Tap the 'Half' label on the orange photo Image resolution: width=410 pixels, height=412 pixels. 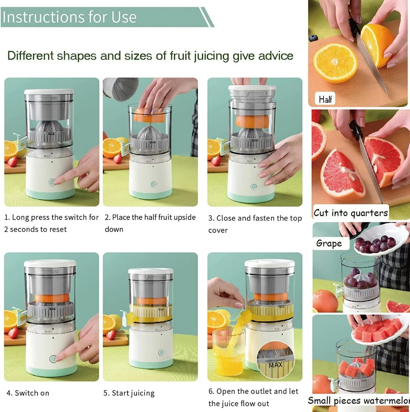(x=325, y=99)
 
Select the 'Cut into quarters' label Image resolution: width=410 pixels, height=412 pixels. (x=351, y=213)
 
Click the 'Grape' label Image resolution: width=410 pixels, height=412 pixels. (x=329, y=243)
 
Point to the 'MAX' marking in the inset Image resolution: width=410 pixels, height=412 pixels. (x=276, y=365)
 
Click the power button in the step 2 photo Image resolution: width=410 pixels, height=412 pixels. (x=153, y=184)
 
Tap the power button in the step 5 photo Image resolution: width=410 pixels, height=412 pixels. (x=162, y=352)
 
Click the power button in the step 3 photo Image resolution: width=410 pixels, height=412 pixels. (x=254, y=186)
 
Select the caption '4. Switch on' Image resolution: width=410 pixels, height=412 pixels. (x=28, y=393)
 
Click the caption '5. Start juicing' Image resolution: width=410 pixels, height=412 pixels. (x=129, y=393)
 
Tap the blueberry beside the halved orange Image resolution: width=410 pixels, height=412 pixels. (x=313, y=38)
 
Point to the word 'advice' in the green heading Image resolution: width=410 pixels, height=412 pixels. (x=275, y=56)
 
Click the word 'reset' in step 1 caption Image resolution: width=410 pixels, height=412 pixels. (x=58, y=229)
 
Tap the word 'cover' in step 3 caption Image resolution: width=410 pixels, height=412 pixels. (x=218, y=230)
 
